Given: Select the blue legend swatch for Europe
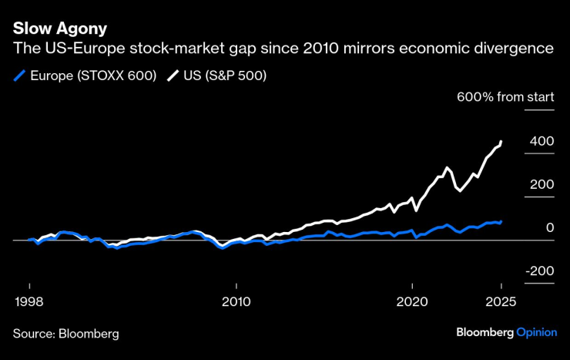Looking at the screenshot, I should (19, 76).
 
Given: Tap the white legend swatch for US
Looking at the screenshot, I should (171, 76).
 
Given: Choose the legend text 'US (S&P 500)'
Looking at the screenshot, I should (224, 76).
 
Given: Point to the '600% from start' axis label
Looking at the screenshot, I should (505, 98).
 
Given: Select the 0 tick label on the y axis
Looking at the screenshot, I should (549, 228).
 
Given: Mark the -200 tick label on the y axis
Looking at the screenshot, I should (540, 271).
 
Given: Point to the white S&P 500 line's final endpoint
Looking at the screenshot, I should (501, 142).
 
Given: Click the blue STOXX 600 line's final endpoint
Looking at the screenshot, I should (501, 221).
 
